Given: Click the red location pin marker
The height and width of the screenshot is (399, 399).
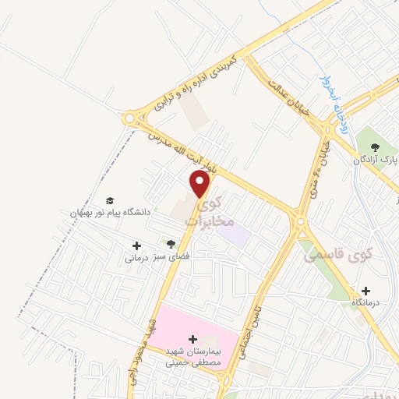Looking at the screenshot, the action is coord(200,184).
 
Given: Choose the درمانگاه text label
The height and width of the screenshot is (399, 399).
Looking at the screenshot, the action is coord(366,302).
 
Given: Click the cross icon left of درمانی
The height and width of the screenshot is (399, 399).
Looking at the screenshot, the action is coord(136,245).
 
